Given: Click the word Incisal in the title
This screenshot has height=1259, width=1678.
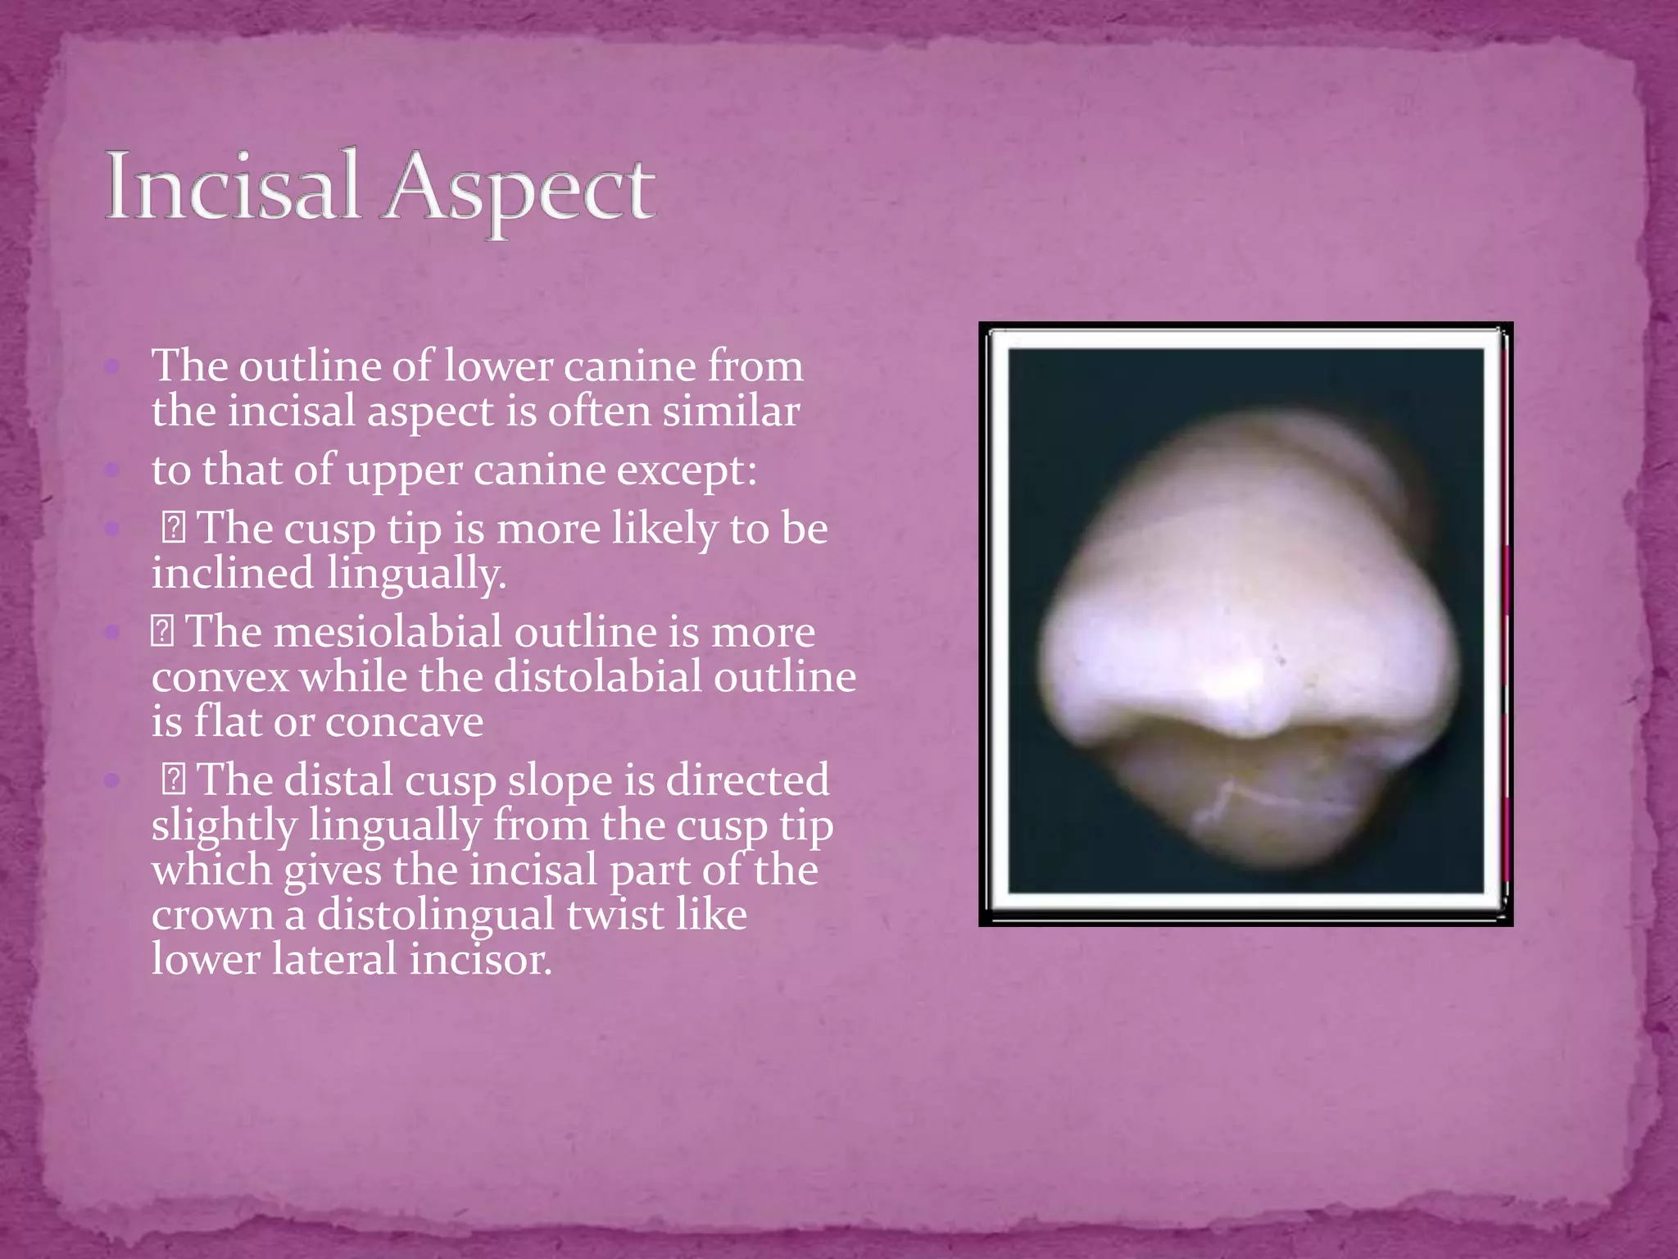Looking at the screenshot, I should coord(233,187).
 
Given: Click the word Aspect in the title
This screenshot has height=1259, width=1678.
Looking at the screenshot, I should coord(522,190).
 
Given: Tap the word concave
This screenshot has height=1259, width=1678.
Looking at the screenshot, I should coord(404,722).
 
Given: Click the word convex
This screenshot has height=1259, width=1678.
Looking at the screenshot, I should coord(220,678).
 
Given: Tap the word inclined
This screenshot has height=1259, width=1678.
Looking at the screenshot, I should coord(232,573).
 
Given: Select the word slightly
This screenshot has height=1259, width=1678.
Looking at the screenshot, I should coord(223,825).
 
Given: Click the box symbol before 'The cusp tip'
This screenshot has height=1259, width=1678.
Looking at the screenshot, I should coord(173,528).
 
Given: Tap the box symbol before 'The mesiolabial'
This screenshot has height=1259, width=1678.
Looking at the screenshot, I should coord(162,632).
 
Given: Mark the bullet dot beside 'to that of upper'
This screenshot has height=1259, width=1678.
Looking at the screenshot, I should coord(112,470).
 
